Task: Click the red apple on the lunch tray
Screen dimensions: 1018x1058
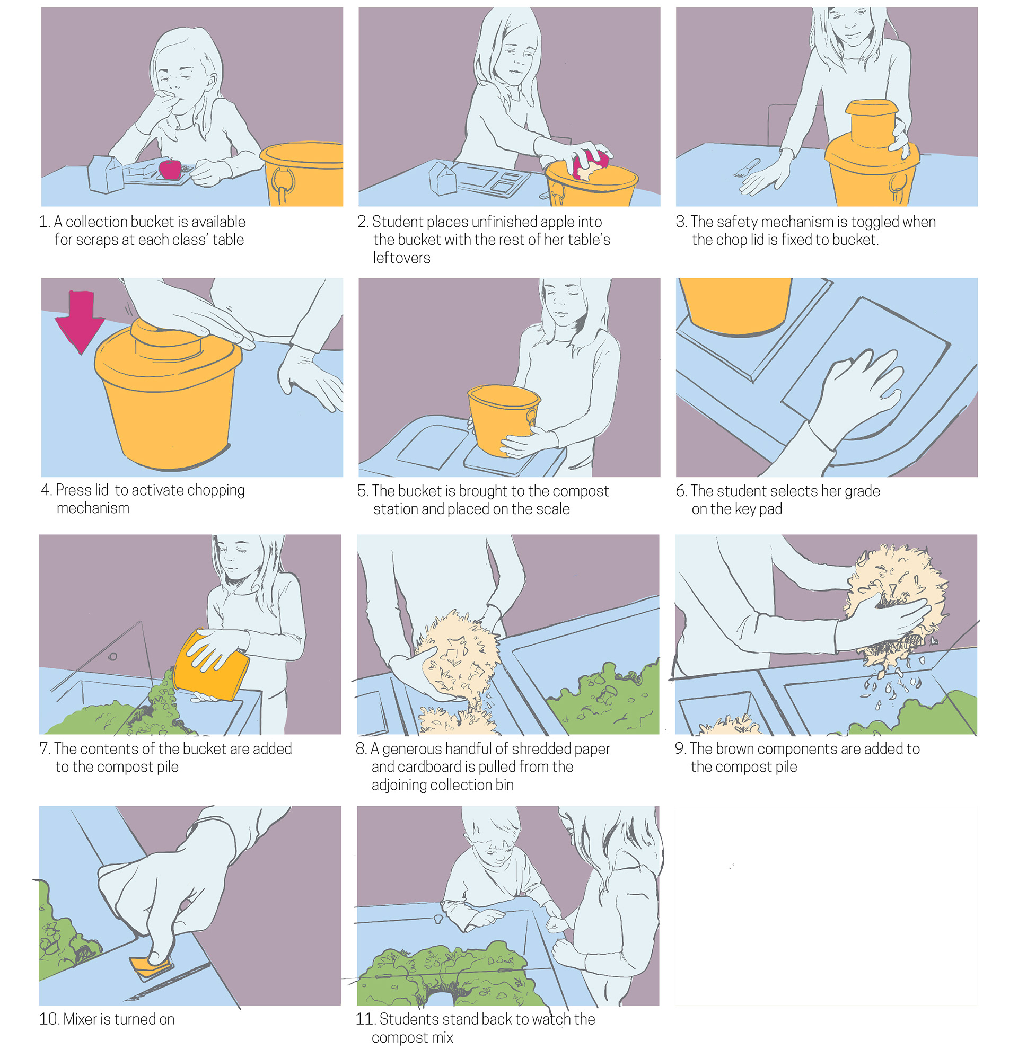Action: tap(170, 169)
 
